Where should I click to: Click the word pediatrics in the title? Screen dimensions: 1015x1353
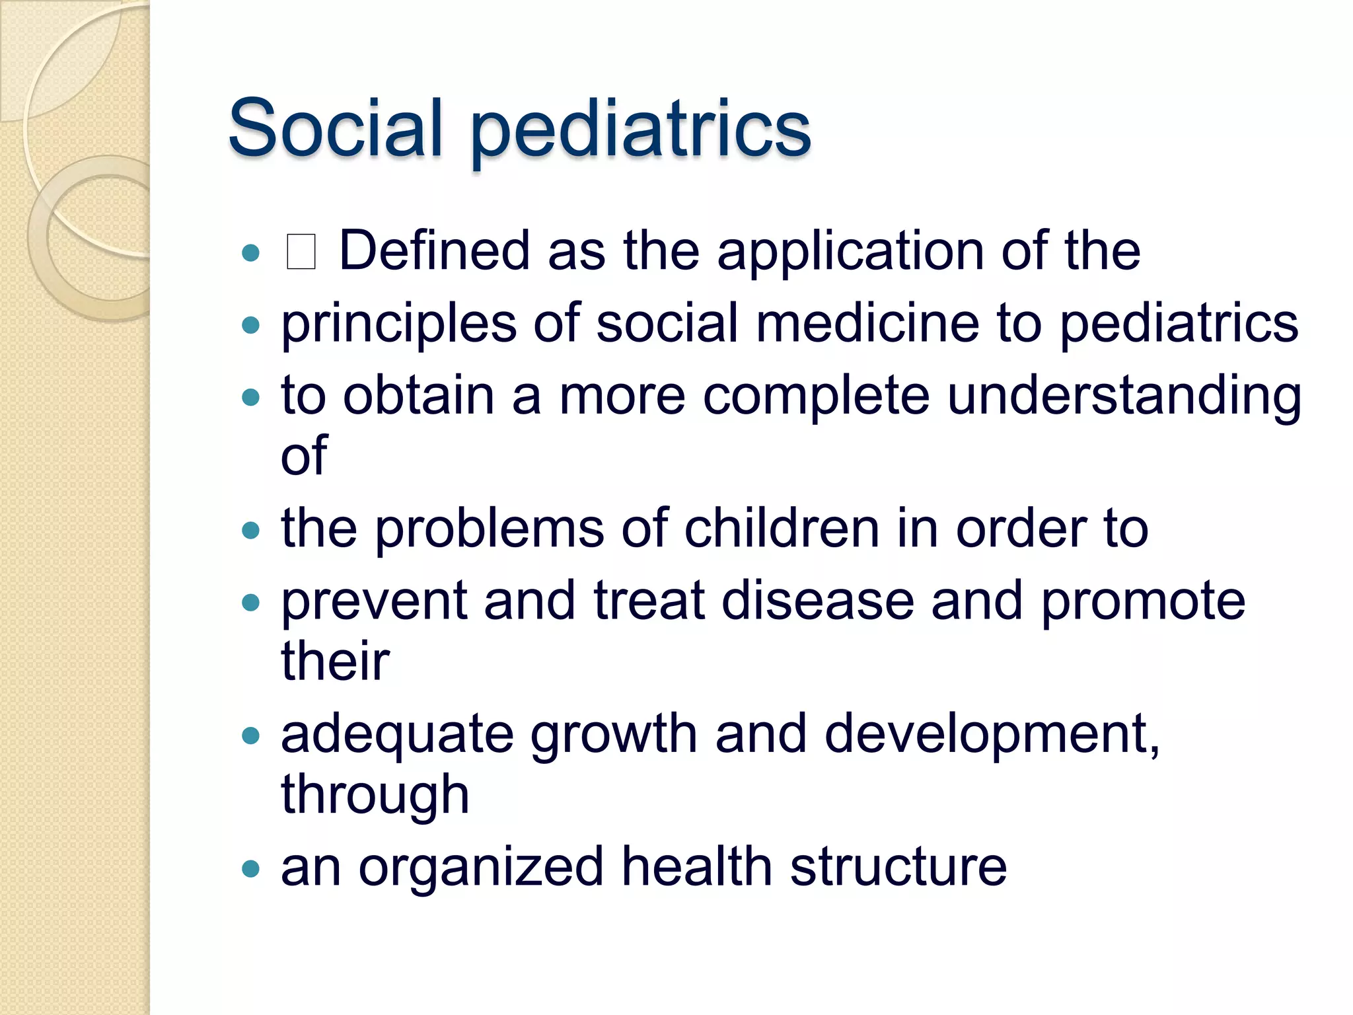[x=641, y=130]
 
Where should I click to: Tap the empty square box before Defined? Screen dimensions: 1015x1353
[x=301, y=252]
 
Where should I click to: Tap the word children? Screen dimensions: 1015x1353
[x=782, y=529]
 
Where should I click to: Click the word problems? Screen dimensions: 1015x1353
[x=490, y=531]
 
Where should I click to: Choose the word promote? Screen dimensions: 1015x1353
[x=1143, y=603]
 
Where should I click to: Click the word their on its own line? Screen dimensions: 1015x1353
[x=336, y=661]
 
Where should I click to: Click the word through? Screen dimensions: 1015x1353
[x=375, y=796]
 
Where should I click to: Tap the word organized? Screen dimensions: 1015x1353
[x=481, y=868]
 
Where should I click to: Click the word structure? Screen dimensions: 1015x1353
[x=898, y=867]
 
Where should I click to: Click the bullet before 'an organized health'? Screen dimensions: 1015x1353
[x=251, y=868]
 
